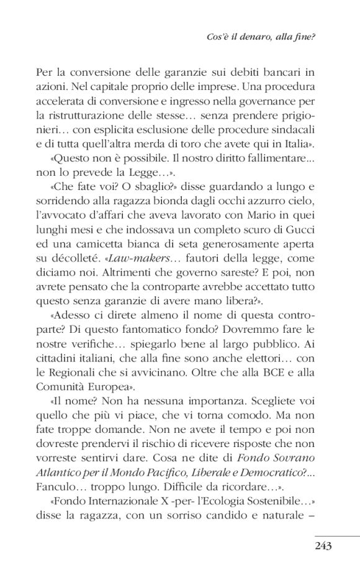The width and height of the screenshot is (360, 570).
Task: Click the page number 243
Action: click(x=323, y=546)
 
